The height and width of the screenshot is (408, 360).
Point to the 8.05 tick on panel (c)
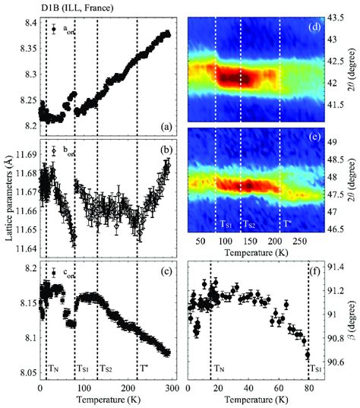click(26, 372)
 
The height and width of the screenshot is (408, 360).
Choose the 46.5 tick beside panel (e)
click(336, 249)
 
